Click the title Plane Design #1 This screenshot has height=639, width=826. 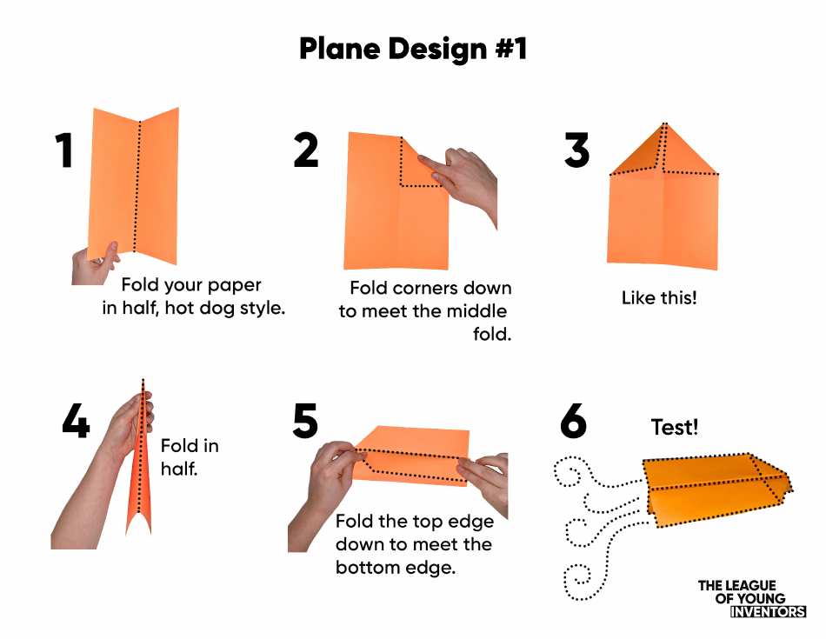tap(413, 49)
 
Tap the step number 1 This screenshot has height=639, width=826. tap(64, 150)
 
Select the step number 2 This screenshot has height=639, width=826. tap(306, 150)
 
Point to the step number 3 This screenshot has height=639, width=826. tap(577, 150)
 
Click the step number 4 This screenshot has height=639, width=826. tap(77, 422)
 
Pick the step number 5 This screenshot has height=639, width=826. tap(306, 422)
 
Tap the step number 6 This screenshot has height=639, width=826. tap(574, 422)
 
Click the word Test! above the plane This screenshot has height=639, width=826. tap(675, 427)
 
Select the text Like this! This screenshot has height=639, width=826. tap(659, 298)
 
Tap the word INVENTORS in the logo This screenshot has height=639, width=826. tap(768, 612)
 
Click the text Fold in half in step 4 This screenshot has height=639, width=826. tap(190, 456)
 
